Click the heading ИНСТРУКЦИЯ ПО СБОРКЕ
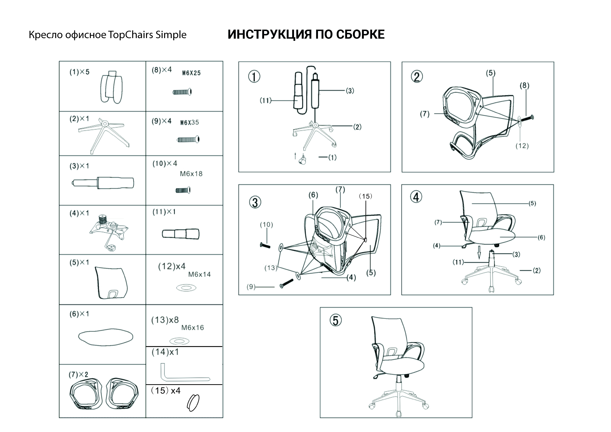pos(306,35)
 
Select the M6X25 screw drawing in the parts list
pos(182,92)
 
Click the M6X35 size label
pos(189,123)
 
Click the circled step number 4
pos(417,197)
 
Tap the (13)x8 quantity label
pos(165,320)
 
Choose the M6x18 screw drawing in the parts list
pos(183,190)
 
